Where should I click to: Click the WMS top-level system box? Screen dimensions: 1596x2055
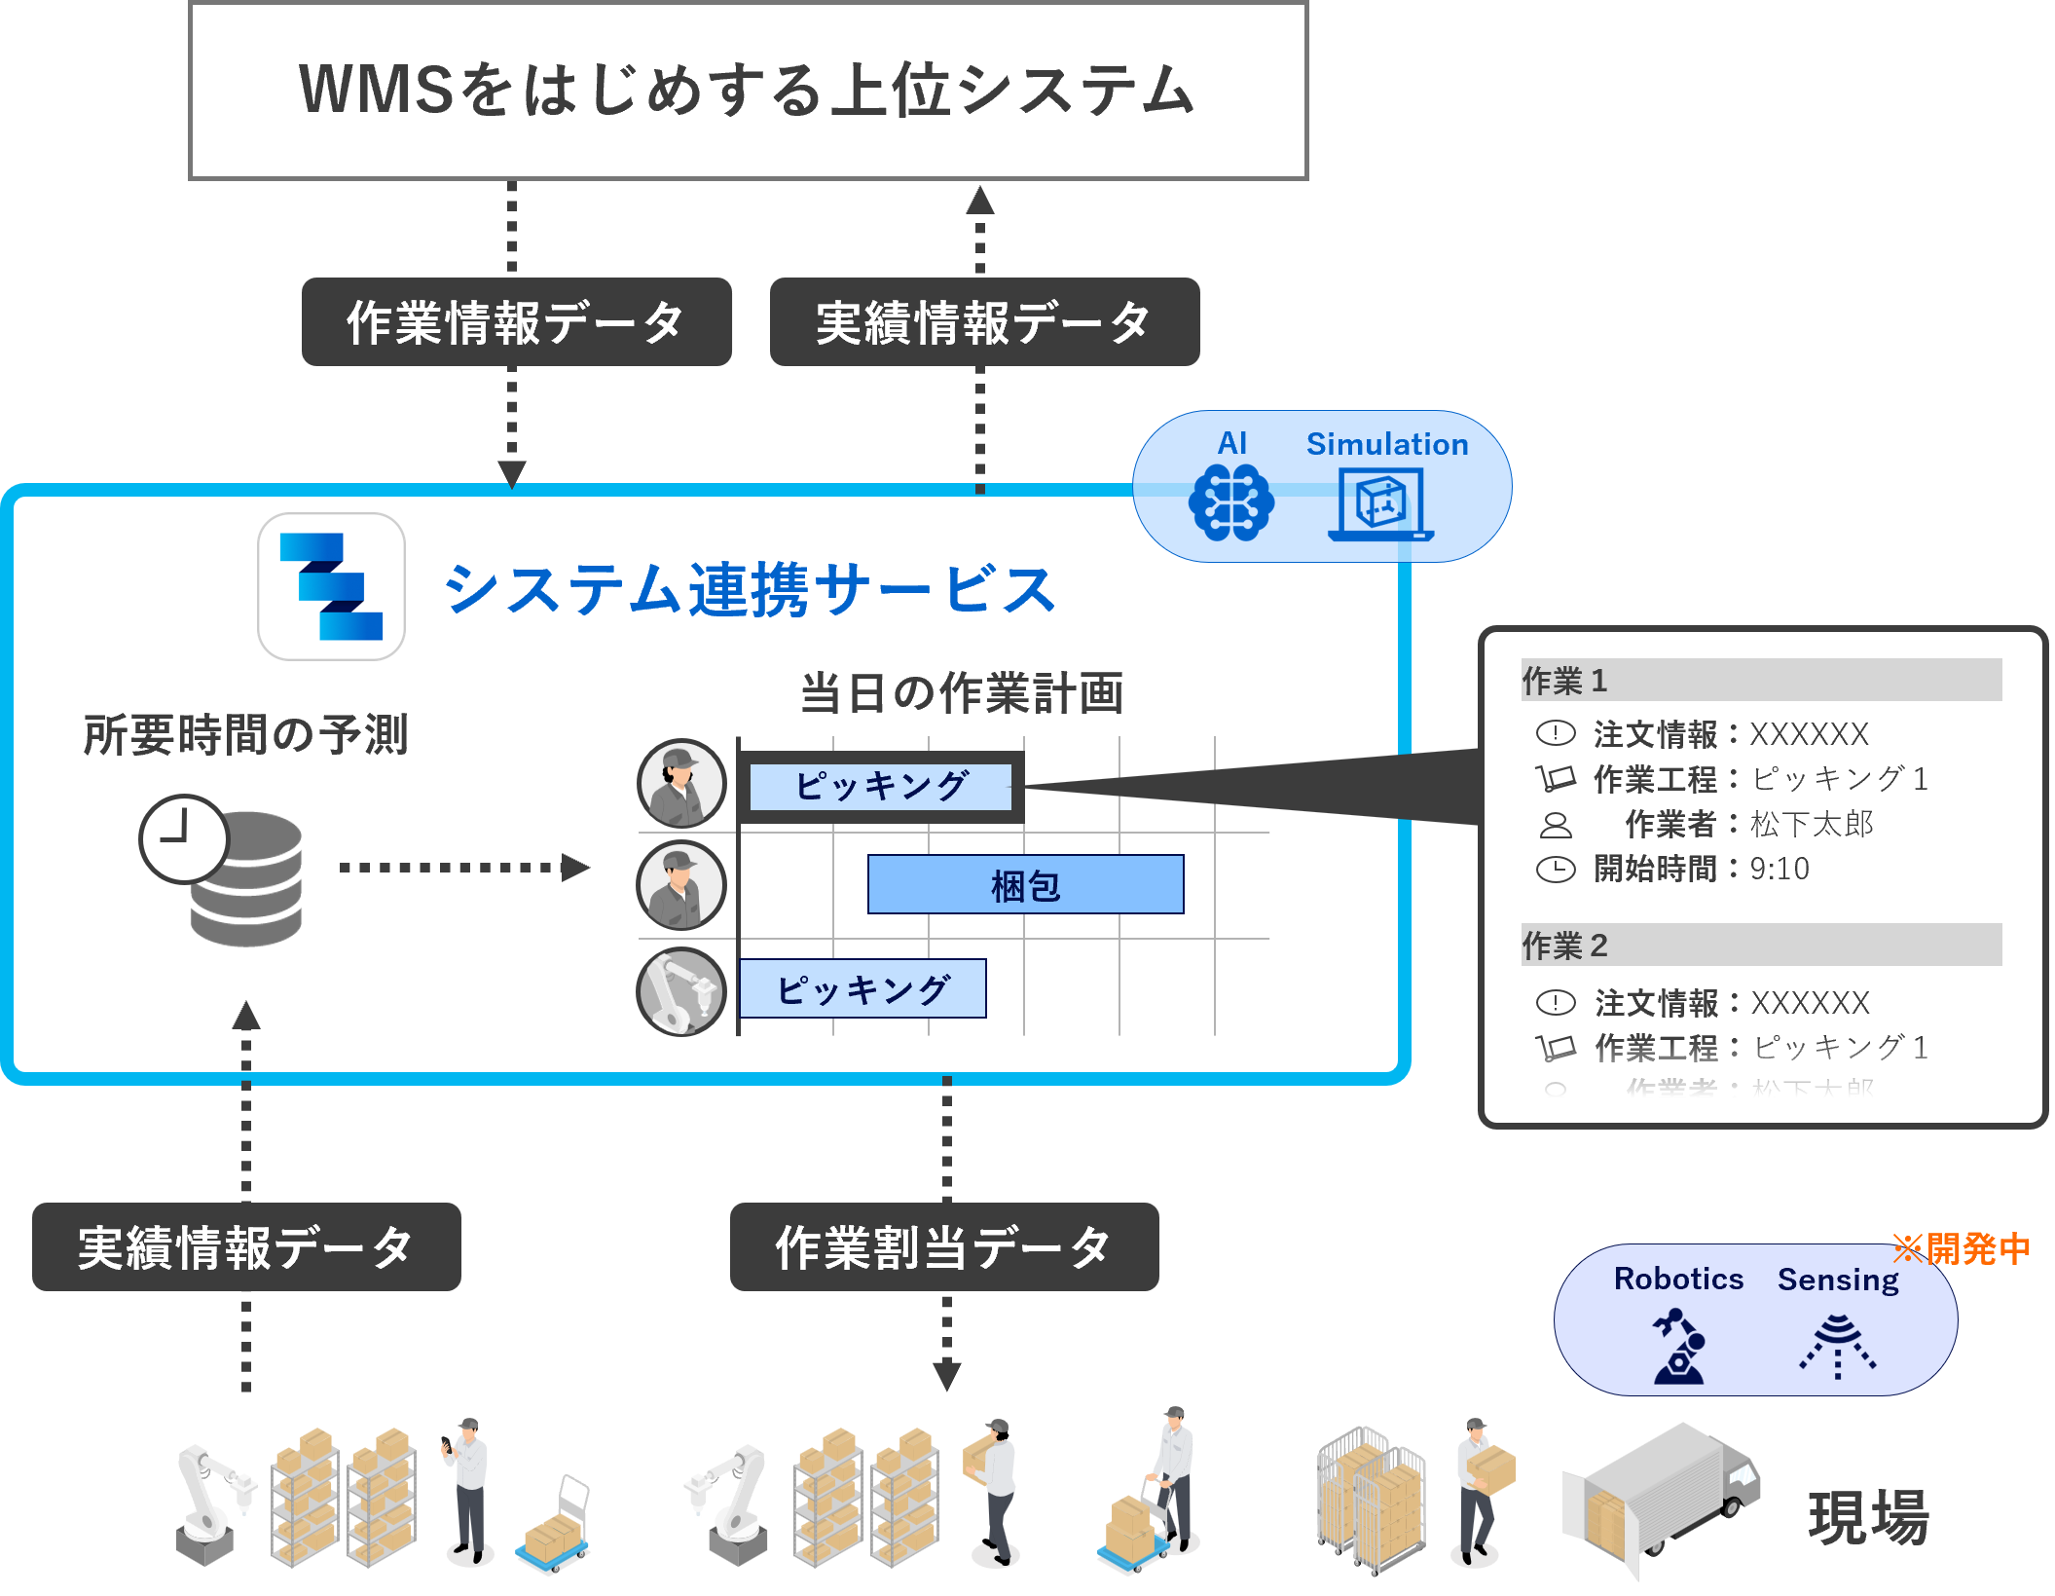[x=747, y=91]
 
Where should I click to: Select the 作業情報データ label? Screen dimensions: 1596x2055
[x=516, y=322]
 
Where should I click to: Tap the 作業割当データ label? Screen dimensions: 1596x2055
[x=943, y=1247]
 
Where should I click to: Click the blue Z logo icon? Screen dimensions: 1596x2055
[x=331, y=586]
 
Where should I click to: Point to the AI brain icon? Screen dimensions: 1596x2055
[x=1230, y=502]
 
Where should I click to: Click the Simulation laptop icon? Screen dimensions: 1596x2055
[x=1380, y=504]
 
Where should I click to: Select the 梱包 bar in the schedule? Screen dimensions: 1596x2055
[x=1025, y=885]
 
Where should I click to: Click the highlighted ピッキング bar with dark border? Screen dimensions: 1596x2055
[x=881, y=786]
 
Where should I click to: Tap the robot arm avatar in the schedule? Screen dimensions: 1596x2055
[x=680, y=992]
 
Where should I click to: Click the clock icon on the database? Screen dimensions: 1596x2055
[x=183, y=838]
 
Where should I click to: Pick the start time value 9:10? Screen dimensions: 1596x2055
[x=1780, y=869]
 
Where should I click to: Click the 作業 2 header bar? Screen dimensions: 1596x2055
[x=1760, y=946]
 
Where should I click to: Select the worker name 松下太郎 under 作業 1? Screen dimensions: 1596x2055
[x=1812, y=825]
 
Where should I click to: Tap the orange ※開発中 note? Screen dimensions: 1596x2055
[x=1961, y=1248]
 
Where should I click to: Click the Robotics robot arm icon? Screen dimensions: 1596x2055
[x=1678, y=1347]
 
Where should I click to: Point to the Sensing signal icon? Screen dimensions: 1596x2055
[x=1837, y=1347]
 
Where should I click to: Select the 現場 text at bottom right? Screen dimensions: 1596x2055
[x=1868, y=1517]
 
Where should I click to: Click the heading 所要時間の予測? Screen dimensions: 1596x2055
[x=245, y=735]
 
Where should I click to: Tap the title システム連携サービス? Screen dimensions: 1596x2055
[x=749, y=590]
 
